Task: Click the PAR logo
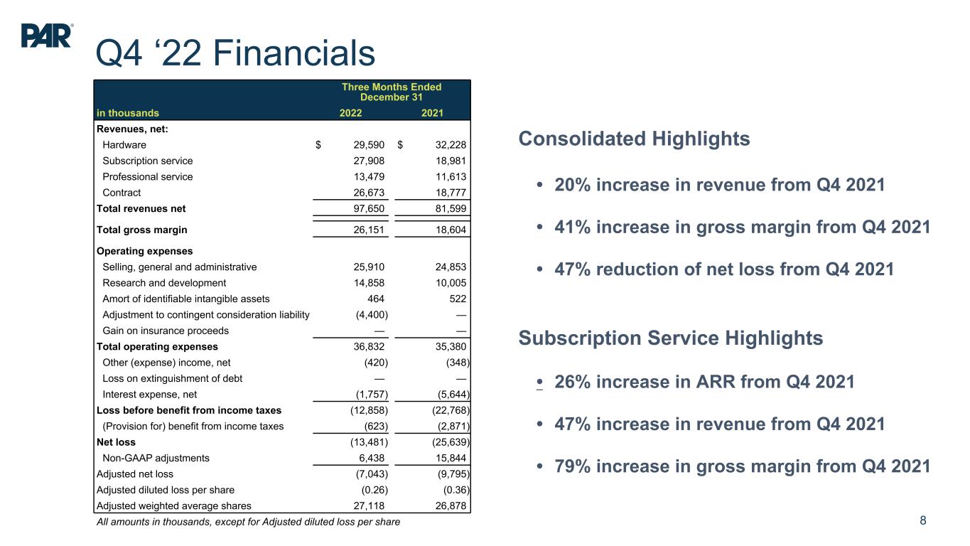point(47,36)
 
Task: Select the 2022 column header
point(350,112)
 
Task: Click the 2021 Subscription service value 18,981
point(448,161)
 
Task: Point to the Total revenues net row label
point(141,208)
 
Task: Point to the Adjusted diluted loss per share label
point(165,489)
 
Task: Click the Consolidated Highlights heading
point(634,139)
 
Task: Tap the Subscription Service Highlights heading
point(671,338)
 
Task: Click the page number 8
point(923,520)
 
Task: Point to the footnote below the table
point(248,523)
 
